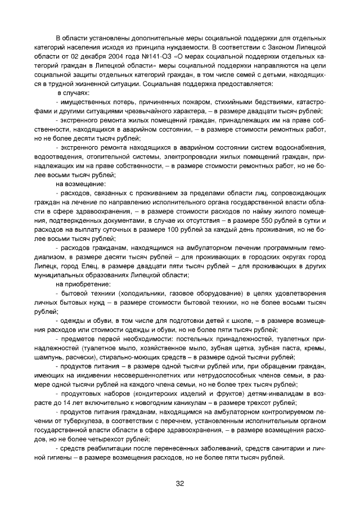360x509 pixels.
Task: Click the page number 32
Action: coord(180,483)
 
